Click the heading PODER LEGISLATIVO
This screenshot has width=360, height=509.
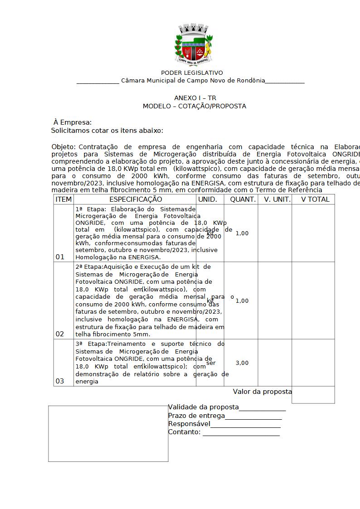tap(192, 73)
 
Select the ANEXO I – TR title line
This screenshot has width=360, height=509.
tap(195, 98)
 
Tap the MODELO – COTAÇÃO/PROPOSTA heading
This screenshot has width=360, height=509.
tap(195, 106)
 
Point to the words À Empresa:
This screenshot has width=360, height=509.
tap(73, 122)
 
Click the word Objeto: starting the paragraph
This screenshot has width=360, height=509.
tap(64, 147)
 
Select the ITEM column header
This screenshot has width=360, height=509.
tap(63, 199)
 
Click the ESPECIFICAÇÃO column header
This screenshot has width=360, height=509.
tap(136, 199)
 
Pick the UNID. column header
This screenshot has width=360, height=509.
tap(208, 199)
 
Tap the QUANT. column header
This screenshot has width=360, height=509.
tap(243, 199)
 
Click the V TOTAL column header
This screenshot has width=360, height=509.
tap(316, 199)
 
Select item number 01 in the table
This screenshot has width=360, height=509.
tap(60, 257)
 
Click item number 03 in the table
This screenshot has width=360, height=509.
tap(60, 381)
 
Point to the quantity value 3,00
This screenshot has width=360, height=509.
tap(242, 363)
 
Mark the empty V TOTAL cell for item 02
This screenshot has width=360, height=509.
tap(313, 301)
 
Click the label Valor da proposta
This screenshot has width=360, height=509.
tap(263, 392)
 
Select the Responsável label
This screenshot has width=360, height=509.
tap(189, 424)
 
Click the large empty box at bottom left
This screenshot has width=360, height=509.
tap(108, 434)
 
